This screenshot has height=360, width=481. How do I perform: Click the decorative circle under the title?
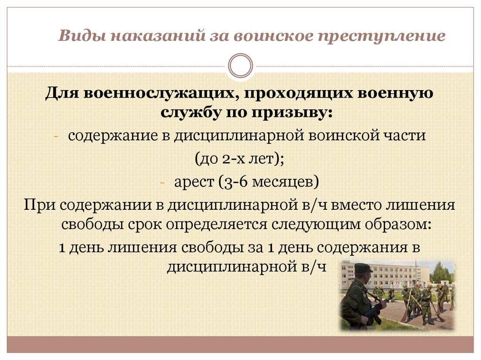240,65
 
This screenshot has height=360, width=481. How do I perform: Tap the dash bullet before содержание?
55,137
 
